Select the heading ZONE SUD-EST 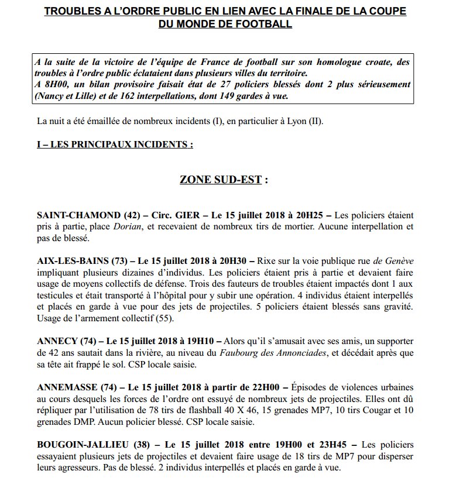[221, 179]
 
